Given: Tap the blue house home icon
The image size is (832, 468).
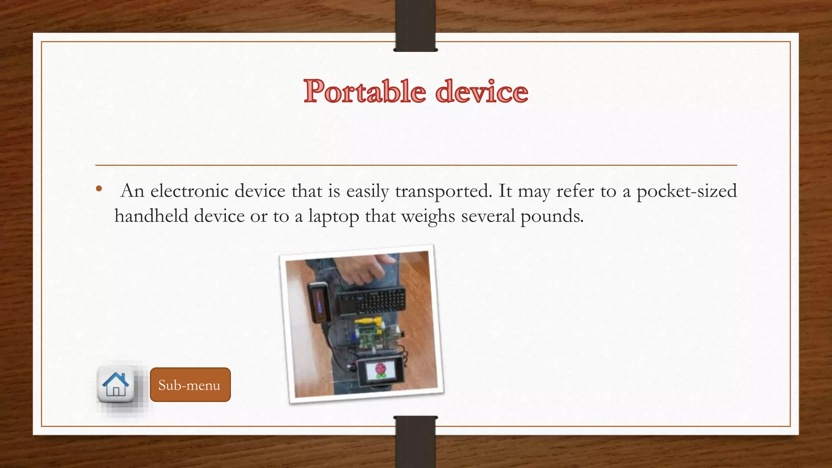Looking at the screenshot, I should pos(116,384).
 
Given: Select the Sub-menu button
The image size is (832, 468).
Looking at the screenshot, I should pos(190,385).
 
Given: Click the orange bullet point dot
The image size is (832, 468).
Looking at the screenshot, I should pos(99,189).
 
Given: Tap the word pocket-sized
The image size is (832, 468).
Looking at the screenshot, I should pos(686,191).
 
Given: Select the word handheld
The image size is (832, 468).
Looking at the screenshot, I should pos(151,216).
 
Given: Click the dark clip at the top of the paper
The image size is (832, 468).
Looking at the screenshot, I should pos(415,25).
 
